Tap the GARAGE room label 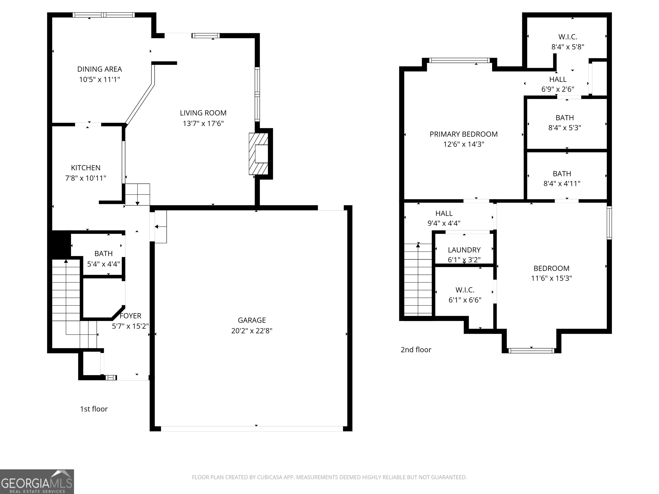point(252,320)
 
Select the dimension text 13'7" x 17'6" point(203,123)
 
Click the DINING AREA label point(100,69)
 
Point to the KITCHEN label point(86,168)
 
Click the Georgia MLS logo point(37,482)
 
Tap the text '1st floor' point(94,409)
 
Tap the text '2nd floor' point(416,349)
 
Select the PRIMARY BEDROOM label point(464,134)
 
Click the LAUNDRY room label point(464,250)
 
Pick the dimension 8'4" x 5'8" point(568,47)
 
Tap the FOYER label point(130,316)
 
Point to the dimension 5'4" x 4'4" point(103,264)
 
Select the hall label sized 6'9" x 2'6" point(558,79)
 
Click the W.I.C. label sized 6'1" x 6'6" point(465,290)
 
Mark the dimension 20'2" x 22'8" point(252,331)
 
